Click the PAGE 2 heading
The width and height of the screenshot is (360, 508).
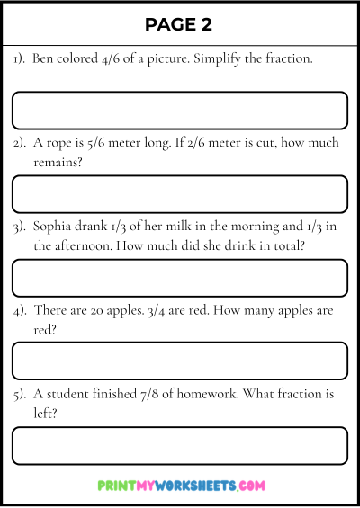pyautogui.click(x=179, y=24)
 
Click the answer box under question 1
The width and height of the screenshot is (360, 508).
pyautogui.click(x=180, y=111)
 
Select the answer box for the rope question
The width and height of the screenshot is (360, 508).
pyautogui.click(x=180, y=194)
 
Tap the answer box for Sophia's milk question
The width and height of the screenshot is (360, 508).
pyautogui.click(x=180, y=278)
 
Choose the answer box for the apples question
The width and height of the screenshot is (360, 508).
pyautogui.click(x=180, y=361)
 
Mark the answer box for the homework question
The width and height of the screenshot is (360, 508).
pyautogui.click(x=180, y=445)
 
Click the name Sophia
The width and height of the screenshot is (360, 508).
pyautogui.click(x=57, y=226)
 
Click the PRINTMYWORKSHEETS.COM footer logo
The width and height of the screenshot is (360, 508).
pyautogui.click(x=180, y=486)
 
